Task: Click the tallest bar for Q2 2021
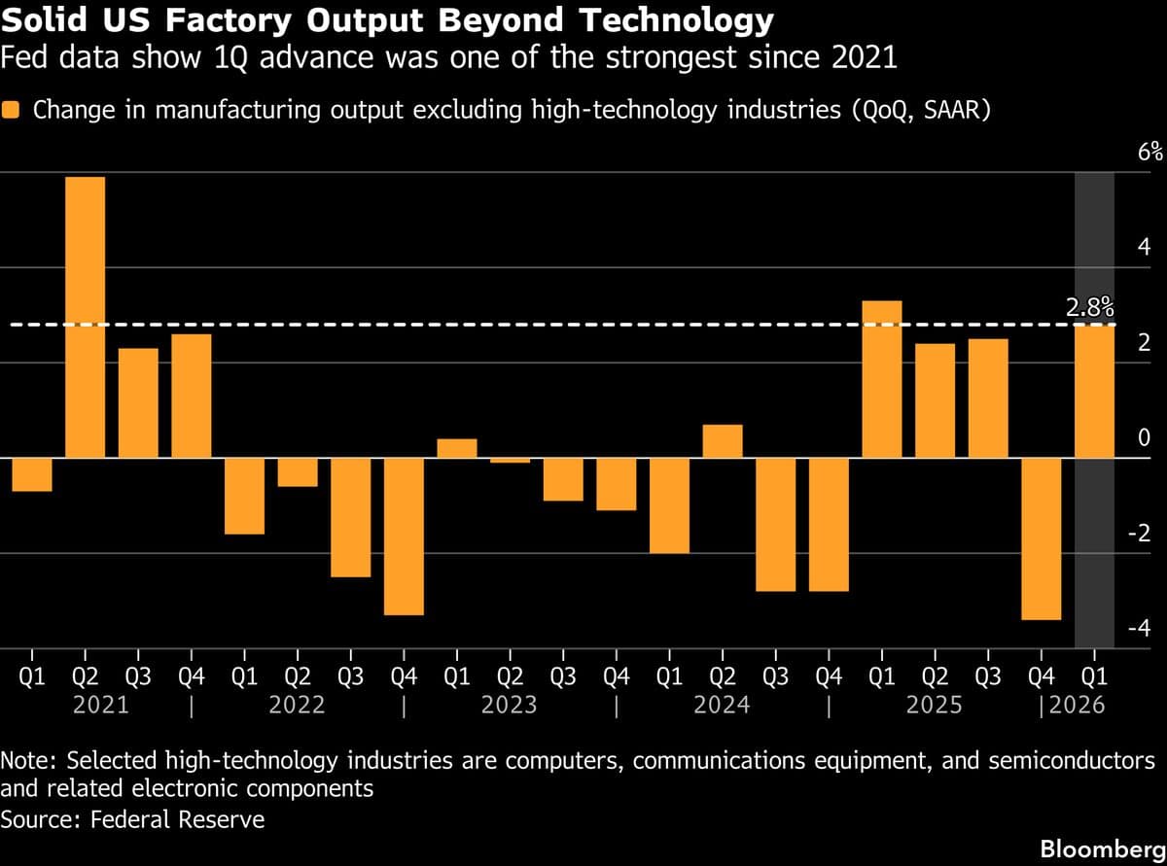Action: coord(85,317)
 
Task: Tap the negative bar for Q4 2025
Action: coord(1041,538)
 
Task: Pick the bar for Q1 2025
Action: coord(882,379)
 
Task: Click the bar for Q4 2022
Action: coord(404,536)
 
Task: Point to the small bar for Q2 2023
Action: coord(510,461)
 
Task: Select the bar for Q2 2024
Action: coord(723,441)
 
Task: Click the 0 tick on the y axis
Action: coord(1145,438)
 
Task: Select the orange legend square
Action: coord(12,110)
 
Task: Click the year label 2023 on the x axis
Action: coord(510,705)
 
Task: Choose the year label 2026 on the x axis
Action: coord(1078,705)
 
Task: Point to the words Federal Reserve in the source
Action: coord(177,819)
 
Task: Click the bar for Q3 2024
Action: coord(775,524)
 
